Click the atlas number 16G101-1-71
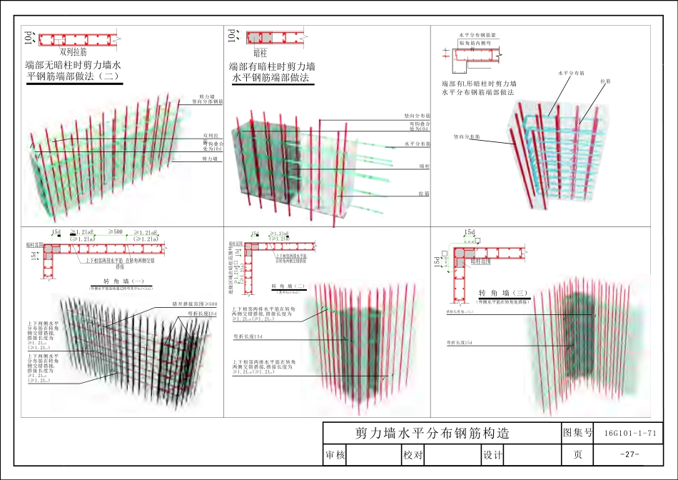(x=629, y=433)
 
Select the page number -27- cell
(x=629, y=455)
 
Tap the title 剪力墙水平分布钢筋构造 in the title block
(x=432, y=434)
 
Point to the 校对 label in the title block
(x=413, y=455)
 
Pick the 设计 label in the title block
(x=493, y=455)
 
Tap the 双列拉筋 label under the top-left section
(x=74, y=52)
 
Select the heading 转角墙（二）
(x=289, y=286)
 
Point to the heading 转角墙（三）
(x=502, y=294)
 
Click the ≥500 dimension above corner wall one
(x=116, y=232)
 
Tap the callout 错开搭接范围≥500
(x=194, y=304)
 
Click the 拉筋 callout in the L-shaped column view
(x=605, y=81)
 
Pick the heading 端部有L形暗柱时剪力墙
(x=479, y=84)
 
